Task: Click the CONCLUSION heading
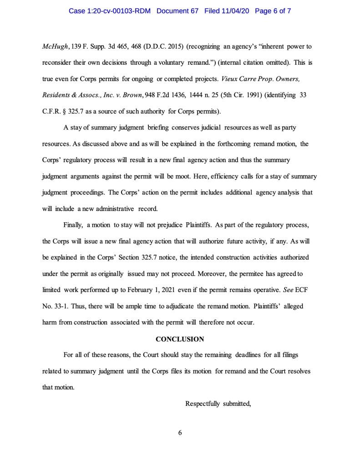180,339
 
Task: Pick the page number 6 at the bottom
180,433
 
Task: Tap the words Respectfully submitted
218,403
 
